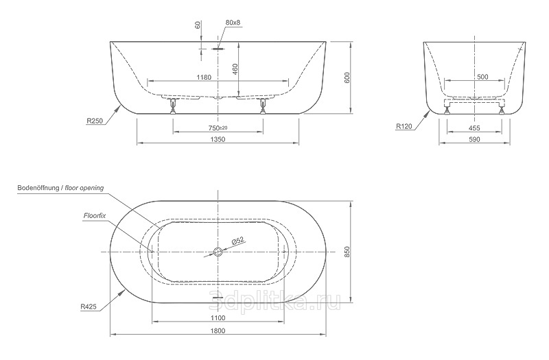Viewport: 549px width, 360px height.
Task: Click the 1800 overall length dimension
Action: click(218, 331)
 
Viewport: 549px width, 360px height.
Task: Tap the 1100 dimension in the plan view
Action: click(218, 317)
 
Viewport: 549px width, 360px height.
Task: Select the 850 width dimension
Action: click(347, 252)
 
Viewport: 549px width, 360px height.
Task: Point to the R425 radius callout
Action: click(89, 307)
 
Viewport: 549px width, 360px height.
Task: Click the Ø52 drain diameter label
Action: click(237, 241)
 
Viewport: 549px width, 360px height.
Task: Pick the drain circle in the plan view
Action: click(218, 252)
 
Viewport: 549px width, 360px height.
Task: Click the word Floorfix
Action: click(94, 215)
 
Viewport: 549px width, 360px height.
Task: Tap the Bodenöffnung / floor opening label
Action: click(60, 188)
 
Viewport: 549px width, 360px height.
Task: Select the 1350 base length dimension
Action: click(218, 139)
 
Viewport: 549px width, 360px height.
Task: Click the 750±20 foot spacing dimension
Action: click(218, 128)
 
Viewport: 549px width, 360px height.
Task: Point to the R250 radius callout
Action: click(95, 121)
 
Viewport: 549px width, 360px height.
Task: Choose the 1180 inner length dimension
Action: click(204, 77)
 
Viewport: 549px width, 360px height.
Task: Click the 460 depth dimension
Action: click(235, 69)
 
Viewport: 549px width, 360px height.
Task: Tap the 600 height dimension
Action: click(347, 77)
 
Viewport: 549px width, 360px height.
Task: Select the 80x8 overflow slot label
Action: click(233, 23)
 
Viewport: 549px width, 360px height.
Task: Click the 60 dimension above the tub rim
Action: click(198, 25)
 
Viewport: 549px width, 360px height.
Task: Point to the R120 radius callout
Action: click(404, 126)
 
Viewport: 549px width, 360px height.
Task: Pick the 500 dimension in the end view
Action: click(482, 77)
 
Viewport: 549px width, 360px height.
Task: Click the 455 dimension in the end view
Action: click(474, 128)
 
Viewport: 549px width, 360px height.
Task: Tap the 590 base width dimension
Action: click(474, 139)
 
